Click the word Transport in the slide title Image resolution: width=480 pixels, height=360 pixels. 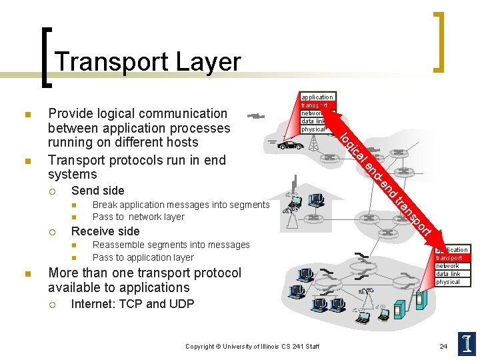pyautogui.click(x=111, y=61)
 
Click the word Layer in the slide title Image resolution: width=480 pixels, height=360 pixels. pyautogui.click(x=209, y=61)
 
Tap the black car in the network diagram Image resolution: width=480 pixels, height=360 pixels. pyautogui.click(x=290, y=145)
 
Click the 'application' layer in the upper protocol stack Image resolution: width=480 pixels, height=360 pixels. pyautogui.click(x=317, y=97)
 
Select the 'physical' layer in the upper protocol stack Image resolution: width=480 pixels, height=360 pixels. pyautogui.click(x=313, y=129)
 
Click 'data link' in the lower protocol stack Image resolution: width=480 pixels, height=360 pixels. pyautogui.click(x=447, y=273)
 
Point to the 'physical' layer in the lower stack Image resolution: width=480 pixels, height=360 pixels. pyautogui.click(x=447, y=282)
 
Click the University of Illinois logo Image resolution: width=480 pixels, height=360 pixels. pyautogui.click(x=466, y=344)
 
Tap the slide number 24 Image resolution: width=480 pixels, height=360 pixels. pyautogui.click(x=443, y=346)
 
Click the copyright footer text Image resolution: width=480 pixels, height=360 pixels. pyautogui.click(x=252, y=346)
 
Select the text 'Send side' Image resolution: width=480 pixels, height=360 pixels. pyautogui.click(x=97, y=191)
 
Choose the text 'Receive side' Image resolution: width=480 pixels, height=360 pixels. pyautogui.click(x=105, y=231)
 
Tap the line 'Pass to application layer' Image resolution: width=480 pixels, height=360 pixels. pyautogui.click(x=143, y=257)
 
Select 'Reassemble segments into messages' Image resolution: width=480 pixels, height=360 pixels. pyautogui.click(x=171, y=245)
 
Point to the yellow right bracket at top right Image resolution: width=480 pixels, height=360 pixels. pyautogui.click(x=438, y=41)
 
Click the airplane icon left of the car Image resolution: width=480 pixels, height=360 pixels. pyautogui.click(x=255, y=116)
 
